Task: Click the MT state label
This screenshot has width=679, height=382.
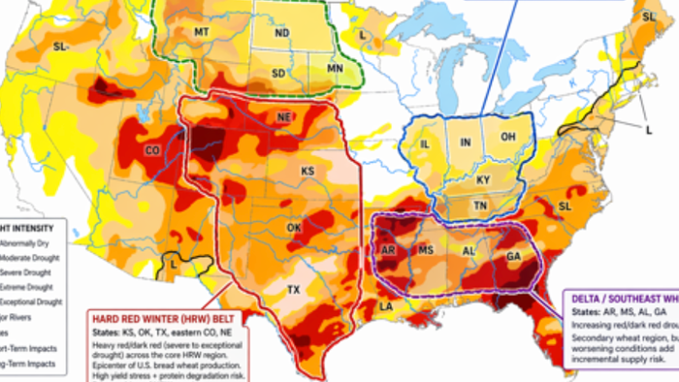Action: tap(203, 32)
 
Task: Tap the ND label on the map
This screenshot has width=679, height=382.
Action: tap(282, 32)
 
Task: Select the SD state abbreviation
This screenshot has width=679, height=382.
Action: tap(279, 73)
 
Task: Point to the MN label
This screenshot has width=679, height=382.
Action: tap(335, 70)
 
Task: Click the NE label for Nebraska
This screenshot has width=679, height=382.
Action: tap(285, 117)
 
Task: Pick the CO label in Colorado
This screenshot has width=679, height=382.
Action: tap(153, 150)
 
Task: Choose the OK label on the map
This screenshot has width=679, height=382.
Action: tap(295, 227)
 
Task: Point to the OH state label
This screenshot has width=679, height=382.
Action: tap(507, 137)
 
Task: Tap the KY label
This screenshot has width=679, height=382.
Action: tap(482, 180)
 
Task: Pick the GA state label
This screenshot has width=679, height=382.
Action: tap(513, 256)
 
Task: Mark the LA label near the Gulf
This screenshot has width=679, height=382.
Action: tap(385, 306)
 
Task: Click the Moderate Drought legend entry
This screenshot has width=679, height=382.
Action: tap(21, 259)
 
